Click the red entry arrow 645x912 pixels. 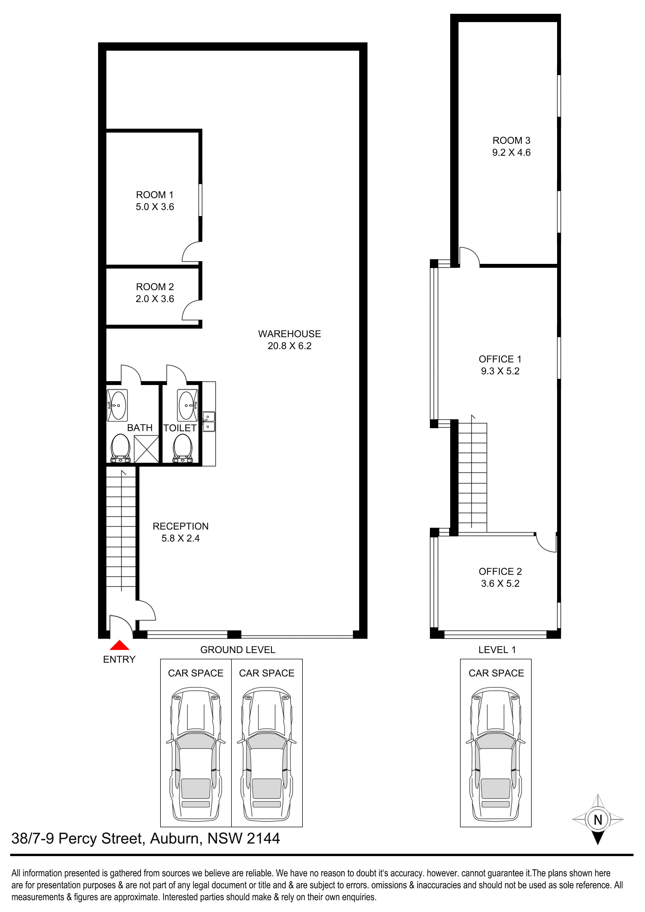point(119,645)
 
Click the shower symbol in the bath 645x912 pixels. point(147,449)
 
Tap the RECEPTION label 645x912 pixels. point(180,526)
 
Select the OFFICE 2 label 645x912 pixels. point(500,572)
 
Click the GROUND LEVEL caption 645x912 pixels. point(238,650)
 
